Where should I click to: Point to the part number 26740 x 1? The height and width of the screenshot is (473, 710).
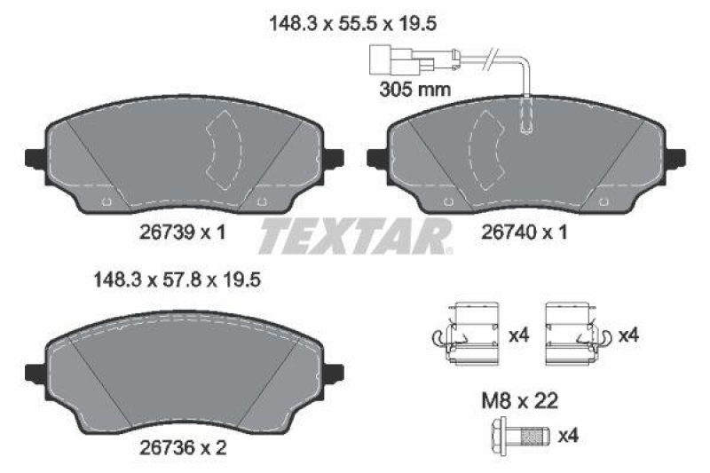pyautogui.click(x=523, y=232)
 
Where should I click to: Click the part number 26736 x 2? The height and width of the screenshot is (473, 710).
pyautogui.click(x=183, y=449)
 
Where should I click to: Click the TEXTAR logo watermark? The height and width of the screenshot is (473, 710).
pyautogui.click(x=355, y=237)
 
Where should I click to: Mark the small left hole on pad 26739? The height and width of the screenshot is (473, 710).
pyautogui.click(x=106, y=201)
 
